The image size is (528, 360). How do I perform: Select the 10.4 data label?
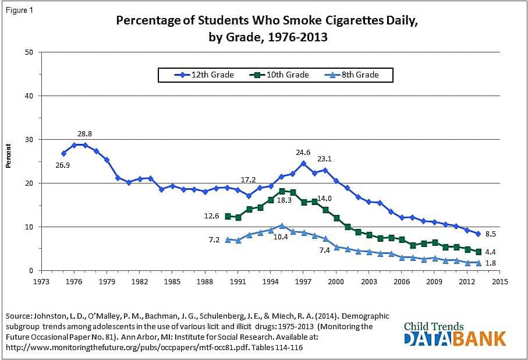281,237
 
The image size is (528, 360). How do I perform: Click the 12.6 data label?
212,216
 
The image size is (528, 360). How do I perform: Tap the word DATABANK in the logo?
456,338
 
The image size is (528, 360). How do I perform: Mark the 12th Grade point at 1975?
63,153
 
